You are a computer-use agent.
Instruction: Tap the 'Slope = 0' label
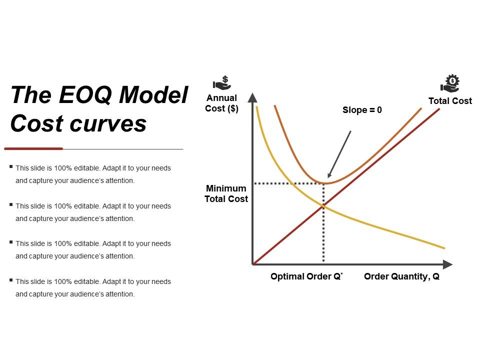[362, 110]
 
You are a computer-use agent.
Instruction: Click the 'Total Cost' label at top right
[450, 101]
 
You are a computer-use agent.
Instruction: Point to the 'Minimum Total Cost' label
[226, 193]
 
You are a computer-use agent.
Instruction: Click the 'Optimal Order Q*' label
[306, 276]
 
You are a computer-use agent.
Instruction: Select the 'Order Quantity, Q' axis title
[401, 276]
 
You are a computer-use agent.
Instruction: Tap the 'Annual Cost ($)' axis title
[221, 103]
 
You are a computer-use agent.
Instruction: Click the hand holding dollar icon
[221, 82]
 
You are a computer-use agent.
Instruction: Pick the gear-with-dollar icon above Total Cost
[450, 83]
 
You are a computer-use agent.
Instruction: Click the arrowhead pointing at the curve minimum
[329, 175]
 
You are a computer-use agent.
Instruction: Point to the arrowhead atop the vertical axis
[253, 97]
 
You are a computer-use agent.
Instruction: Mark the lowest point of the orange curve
[324, 183]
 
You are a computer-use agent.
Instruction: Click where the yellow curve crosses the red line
[323, 206]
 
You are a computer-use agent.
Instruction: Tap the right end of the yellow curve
[444, 248]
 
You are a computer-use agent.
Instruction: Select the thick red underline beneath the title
[33, 148]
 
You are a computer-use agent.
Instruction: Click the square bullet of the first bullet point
[11, 167]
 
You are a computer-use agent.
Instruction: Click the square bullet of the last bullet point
[11, 280]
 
